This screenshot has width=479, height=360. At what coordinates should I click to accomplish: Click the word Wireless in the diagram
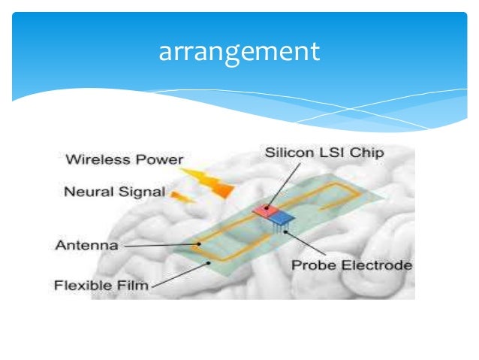point(92,159)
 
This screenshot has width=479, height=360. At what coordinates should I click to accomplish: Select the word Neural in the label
point(85,191)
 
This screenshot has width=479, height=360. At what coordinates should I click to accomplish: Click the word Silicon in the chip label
point(287,153)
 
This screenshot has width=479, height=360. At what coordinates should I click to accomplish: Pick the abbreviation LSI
point(328,153)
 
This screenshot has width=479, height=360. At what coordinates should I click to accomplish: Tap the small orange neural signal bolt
point(180,197)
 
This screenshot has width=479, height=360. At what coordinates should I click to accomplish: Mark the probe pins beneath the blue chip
point(282,228)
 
